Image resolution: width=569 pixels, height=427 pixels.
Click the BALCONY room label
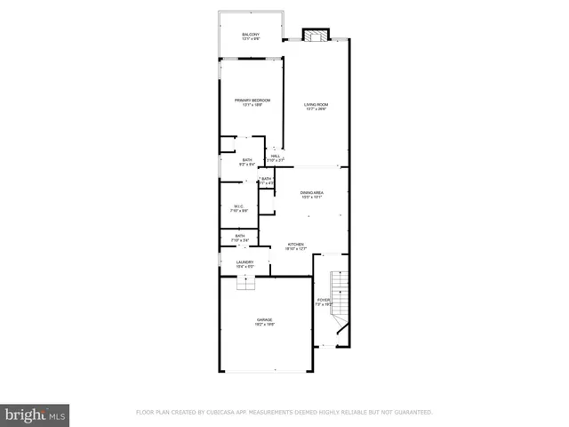(x=251, y=34)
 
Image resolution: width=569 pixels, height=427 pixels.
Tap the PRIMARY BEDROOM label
(x=252, y=101)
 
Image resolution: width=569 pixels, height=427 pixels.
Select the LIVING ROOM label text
(x=316, y=105)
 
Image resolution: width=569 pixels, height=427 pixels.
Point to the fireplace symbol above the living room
(x=315, y=36)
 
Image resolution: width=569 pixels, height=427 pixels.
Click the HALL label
(x=276, y=156)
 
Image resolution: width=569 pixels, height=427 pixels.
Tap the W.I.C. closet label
(x=238, y=206)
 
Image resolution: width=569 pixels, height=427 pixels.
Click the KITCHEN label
(x=295, y=244)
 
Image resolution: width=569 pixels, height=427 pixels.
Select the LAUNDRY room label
(x=244, y=262)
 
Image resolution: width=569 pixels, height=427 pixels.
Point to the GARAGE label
(x=265, y=318)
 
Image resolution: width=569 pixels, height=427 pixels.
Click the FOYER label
(x=323, y=300)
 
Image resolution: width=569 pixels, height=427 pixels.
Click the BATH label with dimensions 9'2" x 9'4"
(x=247, y=160)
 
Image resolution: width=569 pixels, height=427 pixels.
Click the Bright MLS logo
(x=35, y=414)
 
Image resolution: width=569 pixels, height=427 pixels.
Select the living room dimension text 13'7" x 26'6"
(x=316, y=109)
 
